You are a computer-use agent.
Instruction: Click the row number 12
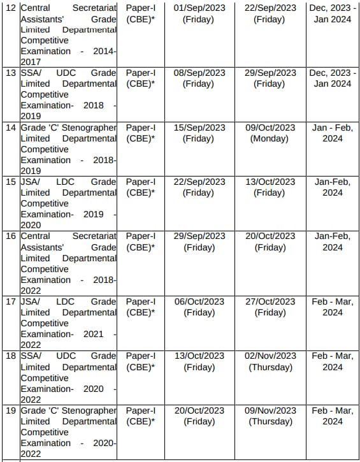point(12,8)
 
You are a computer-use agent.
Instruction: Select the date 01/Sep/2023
point(199,8)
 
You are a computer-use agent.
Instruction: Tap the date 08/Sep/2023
point(199,73)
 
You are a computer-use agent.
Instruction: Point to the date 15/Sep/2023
point(199,127)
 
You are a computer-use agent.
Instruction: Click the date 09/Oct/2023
point(270,127)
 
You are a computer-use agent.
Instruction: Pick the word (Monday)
point(270,138)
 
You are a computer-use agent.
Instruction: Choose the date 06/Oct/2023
point(199,301)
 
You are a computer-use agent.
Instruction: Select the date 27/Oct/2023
point(270,301)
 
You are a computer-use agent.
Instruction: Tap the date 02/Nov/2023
point(270,356)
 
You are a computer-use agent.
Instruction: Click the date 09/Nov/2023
point(270,410)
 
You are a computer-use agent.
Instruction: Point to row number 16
point(12,236)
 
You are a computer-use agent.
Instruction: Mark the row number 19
point(12,410)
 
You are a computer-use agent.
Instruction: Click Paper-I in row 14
point(140,127)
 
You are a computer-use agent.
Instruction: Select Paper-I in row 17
point(140,301)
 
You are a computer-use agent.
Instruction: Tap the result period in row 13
point(333,78)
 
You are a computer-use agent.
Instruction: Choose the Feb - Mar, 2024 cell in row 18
point(333,361)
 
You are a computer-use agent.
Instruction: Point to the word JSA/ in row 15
point(31,182)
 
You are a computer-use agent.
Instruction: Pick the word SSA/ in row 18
point(31,356)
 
